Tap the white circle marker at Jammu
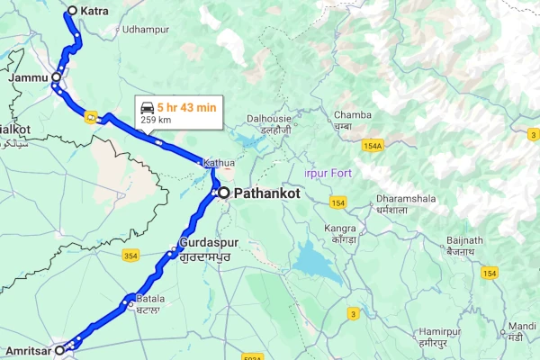(56, 78)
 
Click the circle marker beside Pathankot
(224, 193)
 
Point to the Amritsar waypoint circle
(60, 349)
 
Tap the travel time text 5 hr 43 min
(186, 107)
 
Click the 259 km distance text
(156, 120)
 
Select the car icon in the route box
(147, 107)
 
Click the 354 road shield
(130, 256)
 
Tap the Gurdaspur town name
(208, 243)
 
